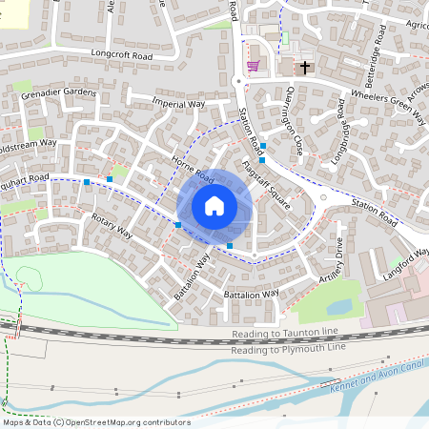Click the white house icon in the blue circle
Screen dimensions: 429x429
(214, 205)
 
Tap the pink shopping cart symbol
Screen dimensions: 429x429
(253, 66)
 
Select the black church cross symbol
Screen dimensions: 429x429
(305, 67)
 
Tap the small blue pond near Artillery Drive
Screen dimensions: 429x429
(338, 307)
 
